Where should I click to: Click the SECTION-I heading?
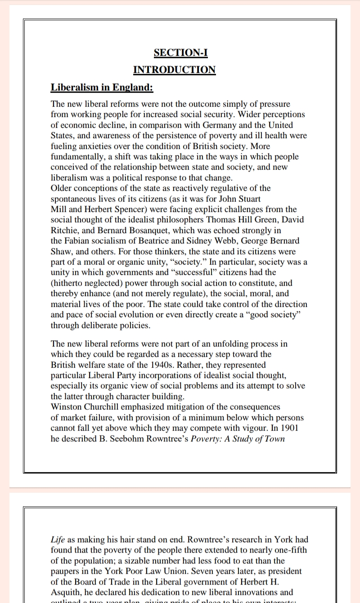[180, 53]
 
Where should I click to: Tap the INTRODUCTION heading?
[174, 70]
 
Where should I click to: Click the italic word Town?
[274, 439]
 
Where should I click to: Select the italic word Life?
[58, 540]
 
